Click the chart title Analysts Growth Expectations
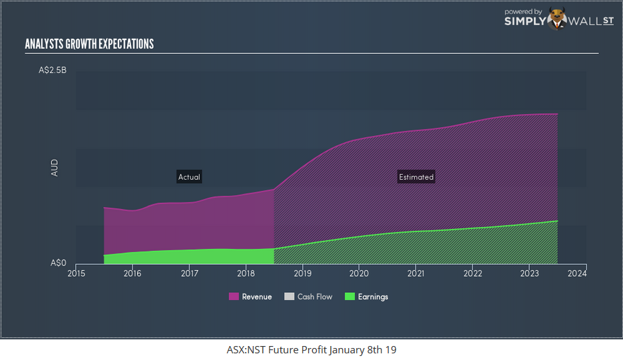pos(89,45)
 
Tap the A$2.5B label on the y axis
pos(52,71)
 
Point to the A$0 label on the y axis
pos(59,263)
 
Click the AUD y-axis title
pos(55,167)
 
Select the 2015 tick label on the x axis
pos(76,273)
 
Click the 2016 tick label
pos(132,273)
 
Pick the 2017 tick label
pos(190,273)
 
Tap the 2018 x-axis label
pos(246,273)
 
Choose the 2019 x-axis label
pos(303,273)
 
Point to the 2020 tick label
pos(359,273)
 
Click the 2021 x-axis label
pos(416,273)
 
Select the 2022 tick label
pos(473,273)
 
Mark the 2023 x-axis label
pos(530,273)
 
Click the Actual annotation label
pos(189,177)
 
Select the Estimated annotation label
pos(416,177)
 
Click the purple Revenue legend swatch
pos(234,297)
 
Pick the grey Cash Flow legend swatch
pos(289,297)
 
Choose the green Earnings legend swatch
pos(349,297)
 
